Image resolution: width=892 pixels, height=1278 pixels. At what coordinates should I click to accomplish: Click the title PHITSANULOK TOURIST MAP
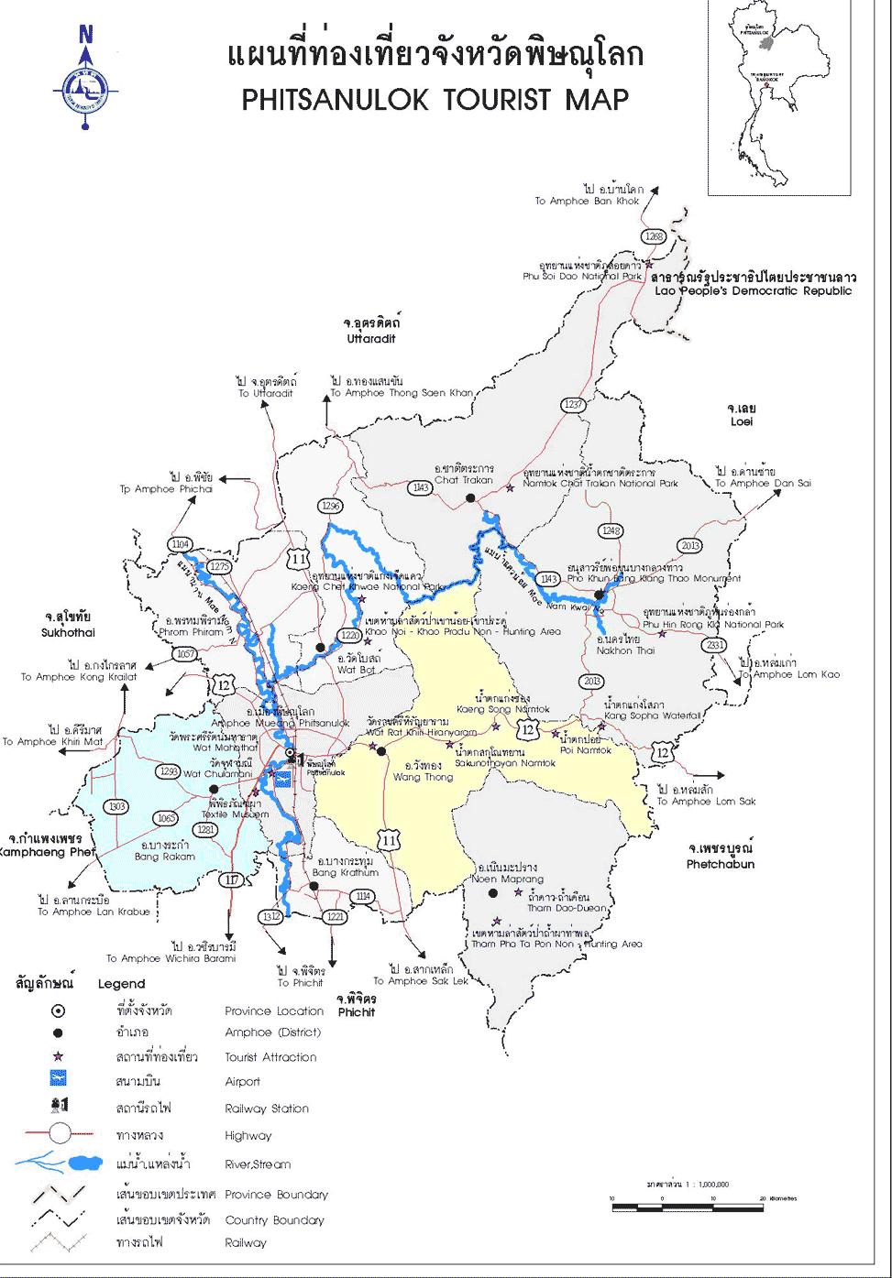click(435, 99)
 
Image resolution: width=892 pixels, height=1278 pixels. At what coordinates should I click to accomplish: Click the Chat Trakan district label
click(464, 480)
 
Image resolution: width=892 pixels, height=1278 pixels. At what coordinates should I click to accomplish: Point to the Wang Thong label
click(423, 777)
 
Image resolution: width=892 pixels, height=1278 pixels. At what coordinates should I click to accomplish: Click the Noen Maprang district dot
click(492, 892)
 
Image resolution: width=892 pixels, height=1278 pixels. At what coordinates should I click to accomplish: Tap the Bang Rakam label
click(165, 857)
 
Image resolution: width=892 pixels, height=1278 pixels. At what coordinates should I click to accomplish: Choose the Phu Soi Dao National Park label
click(582, 275)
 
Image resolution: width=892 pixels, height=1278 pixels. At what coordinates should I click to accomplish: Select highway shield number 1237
click(574, 404)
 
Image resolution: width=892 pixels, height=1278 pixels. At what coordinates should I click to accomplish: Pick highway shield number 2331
click(716, 646)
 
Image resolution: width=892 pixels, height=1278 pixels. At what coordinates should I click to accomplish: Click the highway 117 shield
click(232, 880)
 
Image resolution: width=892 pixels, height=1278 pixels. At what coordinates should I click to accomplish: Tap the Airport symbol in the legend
click(58, 1081)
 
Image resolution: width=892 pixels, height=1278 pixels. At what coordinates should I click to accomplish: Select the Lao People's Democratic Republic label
click(753, 291)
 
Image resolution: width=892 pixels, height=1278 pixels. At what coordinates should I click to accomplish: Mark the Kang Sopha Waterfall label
click(652, 715)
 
